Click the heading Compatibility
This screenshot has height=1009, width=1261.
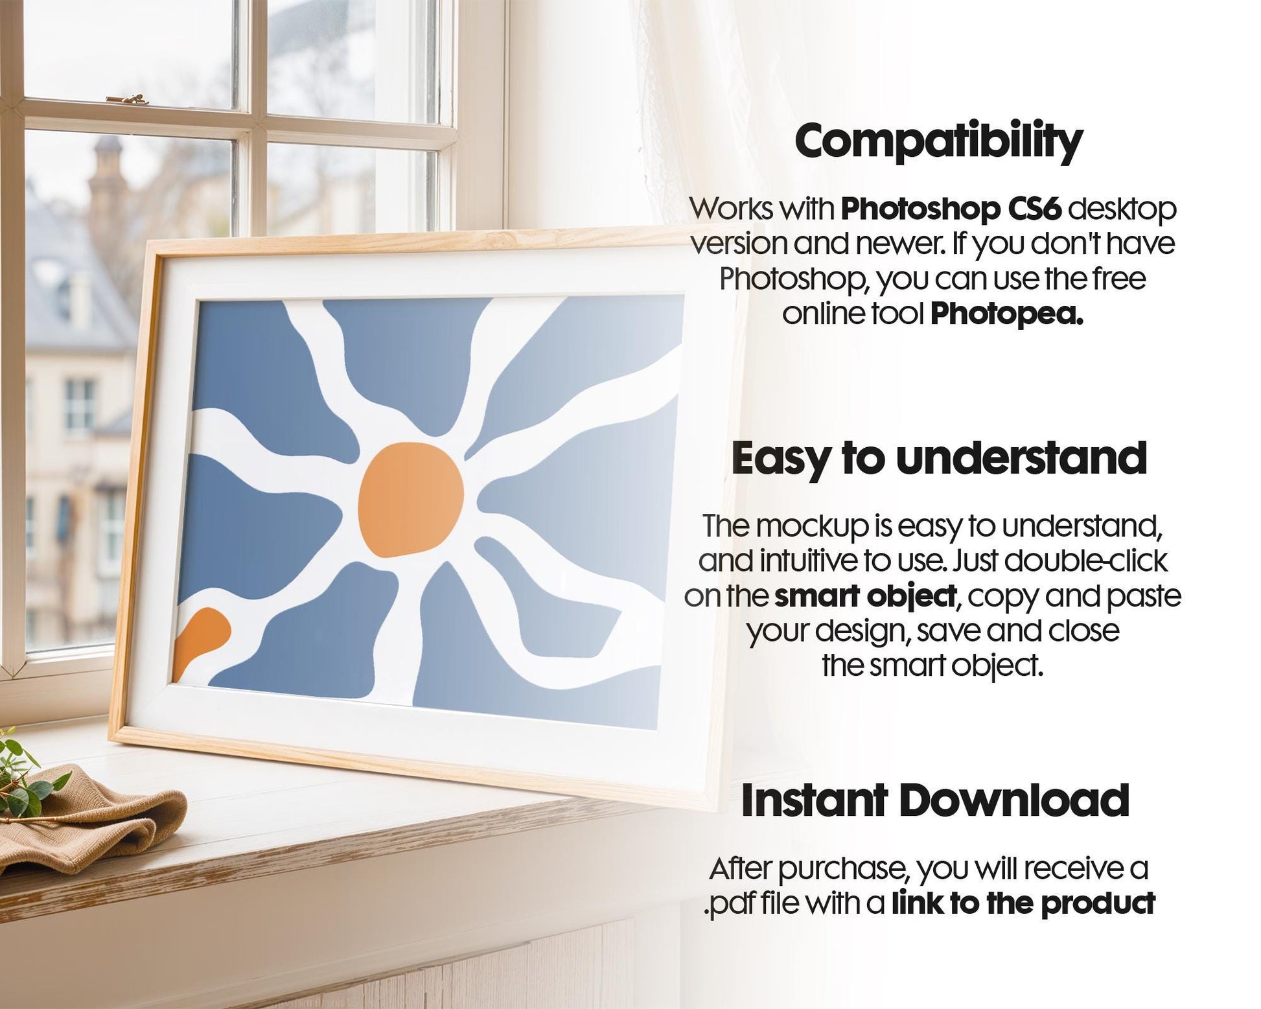938,141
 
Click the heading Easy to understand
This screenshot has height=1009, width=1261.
939,458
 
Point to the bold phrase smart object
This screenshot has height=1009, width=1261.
865,596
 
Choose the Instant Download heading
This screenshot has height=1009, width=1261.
935,800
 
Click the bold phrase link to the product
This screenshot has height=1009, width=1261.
1023,903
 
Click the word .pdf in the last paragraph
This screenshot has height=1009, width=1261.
726,904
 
